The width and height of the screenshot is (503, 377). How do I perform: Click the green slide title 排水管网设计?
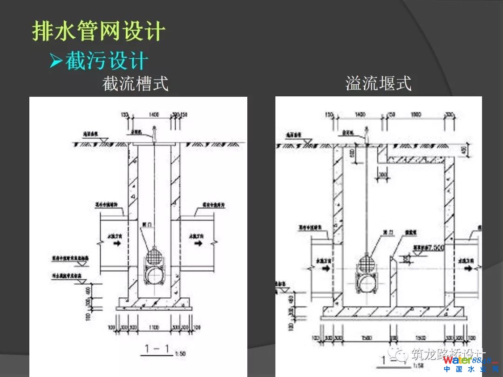click(98, 31)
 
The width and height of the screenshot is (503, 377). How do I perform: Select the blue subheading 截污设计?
click(106, 61)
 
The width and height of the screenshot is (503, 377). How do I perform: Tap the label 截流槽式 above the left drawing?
click(135, 84)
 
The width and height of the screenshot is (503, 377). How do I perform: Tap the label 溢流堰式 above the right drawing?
click(378, 84)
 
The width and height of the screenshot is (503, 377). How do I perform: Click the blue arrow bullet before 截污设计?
click(56, 61)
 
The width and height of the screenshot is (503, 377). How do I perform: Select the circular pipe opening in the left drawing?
click(154, 276)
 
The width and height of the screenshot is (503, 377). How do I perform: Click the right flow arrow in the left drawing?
click(198, 243)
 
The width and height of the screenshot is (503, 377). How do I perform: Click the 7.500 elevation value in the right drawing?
click(437, 248)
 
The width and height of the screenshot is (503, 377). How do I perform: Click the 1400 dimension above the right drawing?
click(360, 114)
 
